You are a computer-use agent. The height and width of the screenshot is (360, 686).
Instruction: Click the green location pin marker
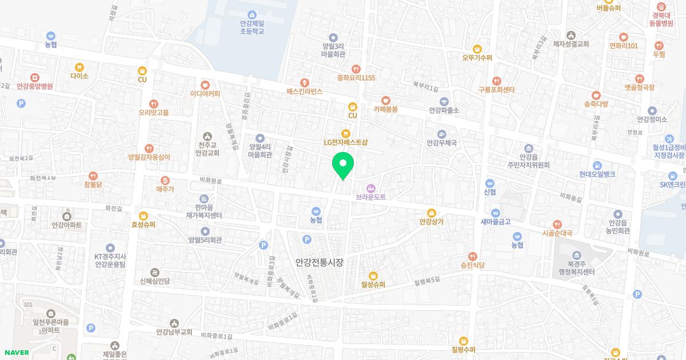pyautogui.click(x=343, y=165)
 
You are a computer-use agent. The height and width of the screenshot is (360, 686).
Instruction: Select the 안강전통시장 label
pyautogui.click(x=319, y=262)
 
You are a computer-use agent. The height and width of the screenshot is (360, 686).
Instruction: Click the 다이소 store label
pyautogui.click(x=79, y=75)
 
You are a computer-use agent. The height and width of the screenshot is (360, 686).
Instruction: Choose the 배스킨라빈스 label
pyautogui.click(x=305, y=91)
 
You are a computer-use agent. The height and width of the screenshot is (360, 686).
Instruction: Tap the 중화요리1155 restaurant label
pyautogui.click(x=356, y=77)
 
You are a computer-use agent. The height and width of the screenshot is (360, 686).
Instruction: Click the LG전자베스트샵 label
pyautogui.click(x=345, y=142)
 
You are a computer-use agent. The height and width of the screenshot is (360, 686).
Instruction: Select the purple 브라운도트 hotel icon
pyautogui.click(x=371, y=187)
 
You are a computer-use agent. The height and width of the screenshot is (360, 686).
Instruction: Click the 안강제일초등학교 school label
pyautogui.click(x=252, y=27)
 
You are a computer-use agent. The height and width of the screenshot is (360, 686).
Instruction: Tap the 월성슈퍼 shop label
pyautogui.click(x=373, y=284)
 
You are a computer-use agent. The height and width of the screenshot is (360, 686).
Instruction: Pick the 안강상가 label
pyautogui.click(x=432, y=221)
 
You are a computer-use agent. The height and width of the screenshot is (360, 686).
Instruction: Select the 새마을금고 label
pyautogui.click(x=495, y=221)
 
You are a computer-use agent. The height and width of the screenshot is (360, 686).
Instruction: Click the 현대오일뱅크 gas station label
pyautogui.click(x=596, y=173)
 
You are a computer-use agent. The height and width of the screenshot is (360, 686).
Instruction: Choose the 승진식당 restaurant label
pyautogui.click(x=472, y=265)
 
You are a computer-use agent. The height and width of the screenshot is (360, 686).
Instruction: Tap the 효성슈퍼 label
pyautogui.click(x=143, y=225)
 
